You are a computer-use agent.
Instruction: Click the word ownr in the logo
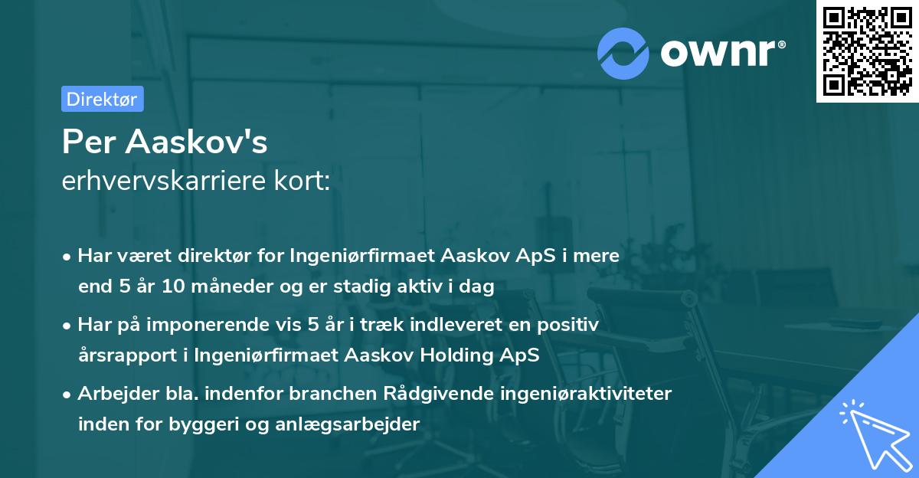click(x=721, y=52)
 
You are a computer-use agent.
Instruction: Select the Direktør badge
click(x=102, y=99)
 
